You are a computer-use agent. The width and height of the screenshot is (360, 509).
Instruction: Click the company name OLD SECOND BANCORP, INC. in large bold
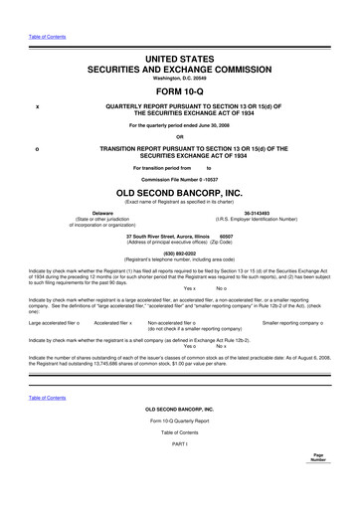click(x=179, y=191)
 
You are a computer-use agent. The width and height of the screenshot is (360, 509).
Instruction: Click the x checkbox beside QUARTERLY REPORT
click(x=37, y=105)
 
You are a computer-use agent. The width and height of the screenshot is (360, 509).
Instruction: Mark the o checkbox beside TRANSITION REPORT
click(x=37, y=149)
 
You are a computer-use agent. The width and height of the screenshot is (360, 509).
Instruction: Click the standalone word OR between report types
click(x=179, y=137)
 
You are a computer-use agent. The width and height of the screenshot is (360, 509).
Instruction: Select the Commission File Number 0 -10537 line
click(x=179, y=179)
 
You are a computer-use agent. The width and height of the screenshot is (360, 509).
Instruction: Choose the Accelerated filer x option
click(x=113, y=323)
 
